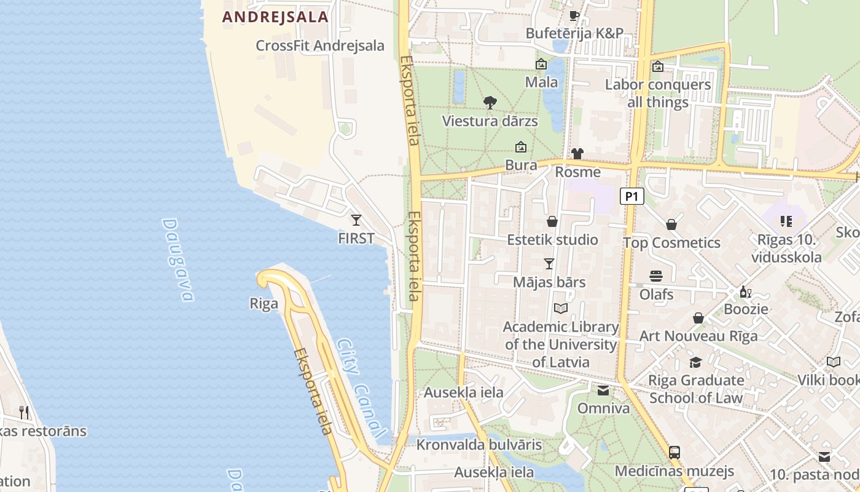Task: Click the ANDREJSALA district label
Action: coord(275,17)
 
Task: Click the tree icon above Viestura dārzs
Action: coord(490,102)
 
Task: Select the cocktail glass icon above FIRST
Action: coord(356,220)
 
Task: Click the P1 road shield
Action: coord(632,196)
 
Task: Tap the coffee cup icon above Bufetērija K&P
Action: coord(574,15)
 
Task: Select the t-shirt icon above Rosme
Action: coord(577,154)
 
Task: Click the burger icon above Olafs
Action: coord(656,276)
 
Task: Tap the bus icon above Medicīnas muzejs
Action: coord(674,453)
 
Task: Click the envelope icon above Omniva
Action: coord(603,391)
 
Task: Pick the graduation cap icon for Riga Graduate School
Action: coord(695,362)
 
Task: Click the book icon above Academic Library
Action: coord(560,308)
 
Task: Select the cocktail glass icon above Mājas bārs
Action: coord(549,264)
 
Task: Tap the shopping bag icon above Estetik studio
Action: coord(552,221)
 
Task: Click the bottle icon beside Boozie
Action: coord(745,292)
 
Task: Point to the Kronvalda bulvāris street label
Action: coord(479,445)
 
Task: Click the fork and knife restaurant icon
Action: coord(24,412)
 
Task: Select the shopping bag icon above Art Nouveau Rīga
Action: coord(698,318)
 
